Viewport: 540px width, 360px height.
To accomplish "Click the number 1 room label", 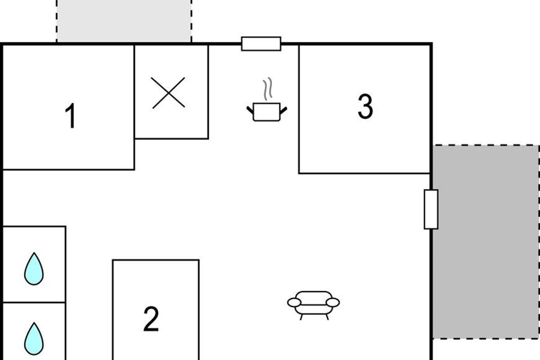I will tap(70, 116).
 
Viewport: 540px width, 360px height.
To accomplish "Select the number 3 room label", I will tap(365, 107).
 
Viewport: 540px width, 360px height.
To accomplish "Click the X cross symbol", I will tap(168, 93).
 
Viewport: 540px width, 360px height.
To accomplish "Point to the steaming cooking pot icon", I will tap(267, 111).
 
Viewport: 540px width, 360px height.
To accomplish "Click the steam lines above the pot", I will tap(267, 90).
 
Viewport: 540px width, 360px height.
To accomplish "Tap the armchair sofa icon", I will tap(314, 304).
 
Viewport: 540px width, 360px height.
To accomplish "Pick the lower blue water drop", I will tap(34, 338).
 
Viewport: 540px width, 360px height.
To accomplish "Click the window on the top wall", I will tap(261, 44).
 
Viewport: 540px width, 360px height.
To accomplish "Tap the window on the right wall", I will tap(431, 209).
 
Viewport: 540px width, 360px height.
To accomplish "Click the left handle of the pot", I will tap(250, 109).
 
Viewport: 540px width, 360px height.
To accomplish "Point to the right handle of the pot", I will tap(283, 109).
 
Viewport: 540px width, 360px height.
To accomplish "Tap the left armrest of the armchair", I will tap(294, 302).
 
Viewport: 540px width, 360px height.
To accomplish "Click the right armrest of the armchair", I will tap(333, 302).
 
